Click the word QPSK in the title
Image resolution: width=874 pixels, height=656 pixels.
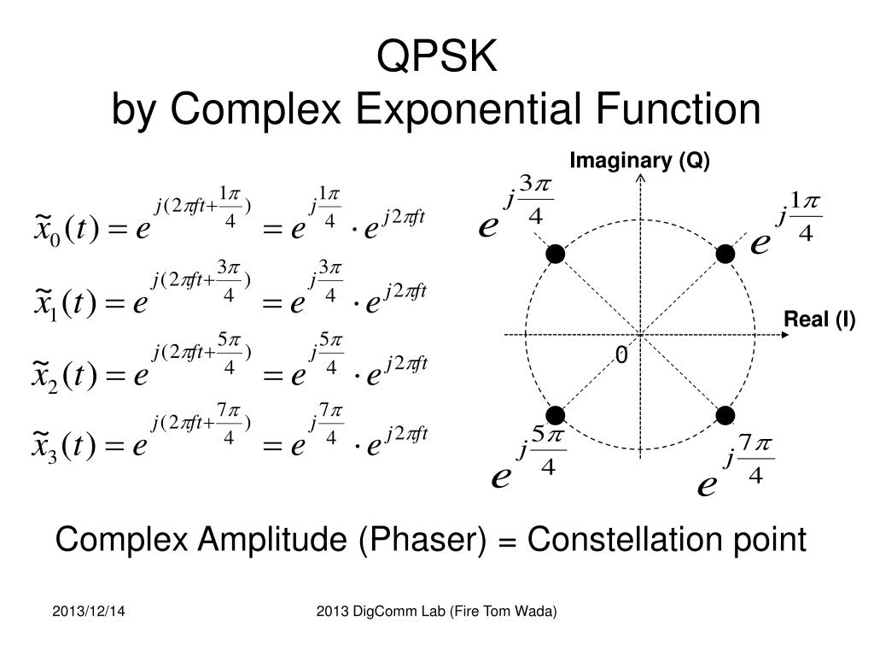436,57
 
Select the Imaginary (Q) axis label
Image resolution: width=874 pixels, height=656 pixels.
639,161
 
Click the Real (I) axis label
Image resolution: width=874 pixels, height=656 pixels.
819,319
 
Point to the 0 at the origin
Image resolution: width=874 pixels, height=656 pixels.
621,354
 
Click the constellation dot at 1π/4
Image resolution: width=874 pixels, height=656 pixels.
725,254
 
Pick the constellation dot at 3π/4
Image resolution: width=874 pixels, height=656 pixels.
556,254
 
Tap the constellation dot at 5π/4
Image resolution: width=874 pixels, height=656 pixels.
556,416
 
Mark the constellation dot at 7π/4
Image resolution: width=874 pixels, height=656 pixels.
725,416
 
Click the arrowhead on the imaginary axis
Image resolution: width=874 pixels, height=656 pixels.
640,179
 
